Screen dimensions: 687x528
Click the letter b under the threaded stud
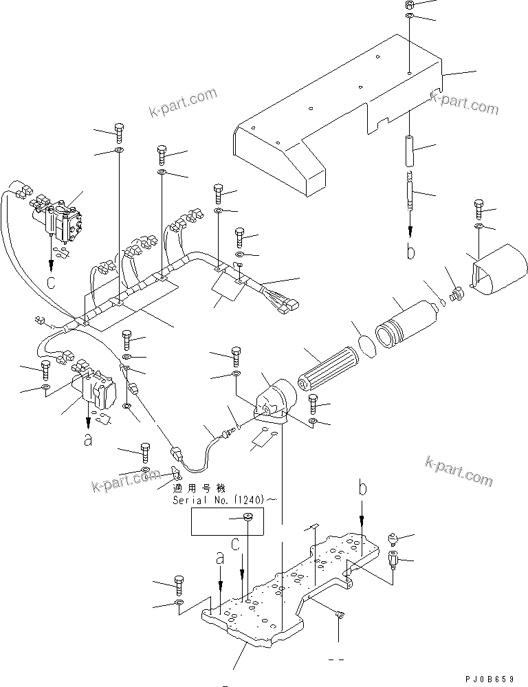pos(410,252)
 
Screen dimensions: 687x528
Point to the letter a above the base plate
pos(219,560)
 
